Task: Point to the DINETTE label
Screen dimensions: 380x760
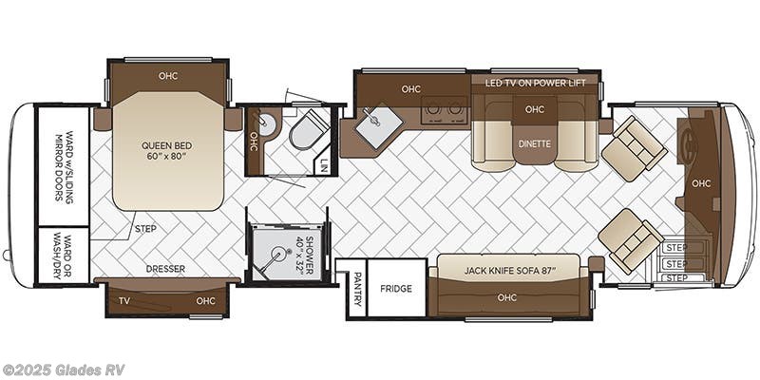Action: click(535, 144)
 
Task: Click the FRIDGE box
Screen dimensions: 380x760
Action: click(395, 288)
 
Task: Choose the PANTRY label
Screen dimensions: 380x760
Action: click(355, 288)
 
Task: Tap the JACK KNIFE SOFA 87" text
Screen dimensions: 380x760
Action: click(507, 270)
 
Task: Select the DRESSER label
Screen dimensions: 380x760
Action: click(165, 269)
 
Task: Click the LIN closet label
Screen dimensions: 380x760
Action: click(323, 164)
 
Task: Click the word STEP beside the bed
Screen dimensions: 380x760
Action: click(146, 228)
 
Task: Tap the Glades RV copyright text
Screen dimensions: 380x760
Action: click(64, 370)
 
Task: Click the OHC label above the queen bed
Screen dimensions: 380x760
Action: click(168, 75)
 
